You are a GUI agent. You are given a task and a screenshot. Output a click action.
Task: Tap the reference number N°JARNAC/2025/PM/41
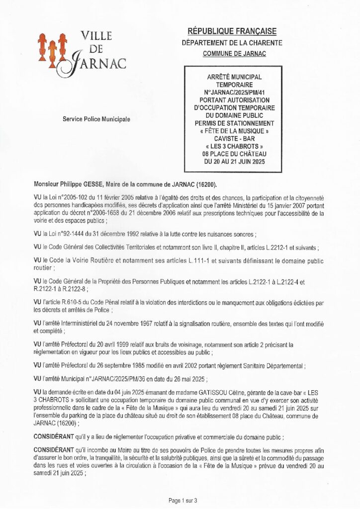pos(234,92)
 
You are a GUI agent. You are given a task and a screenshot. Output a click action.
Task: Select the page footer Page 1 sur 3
pos(183,500)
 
